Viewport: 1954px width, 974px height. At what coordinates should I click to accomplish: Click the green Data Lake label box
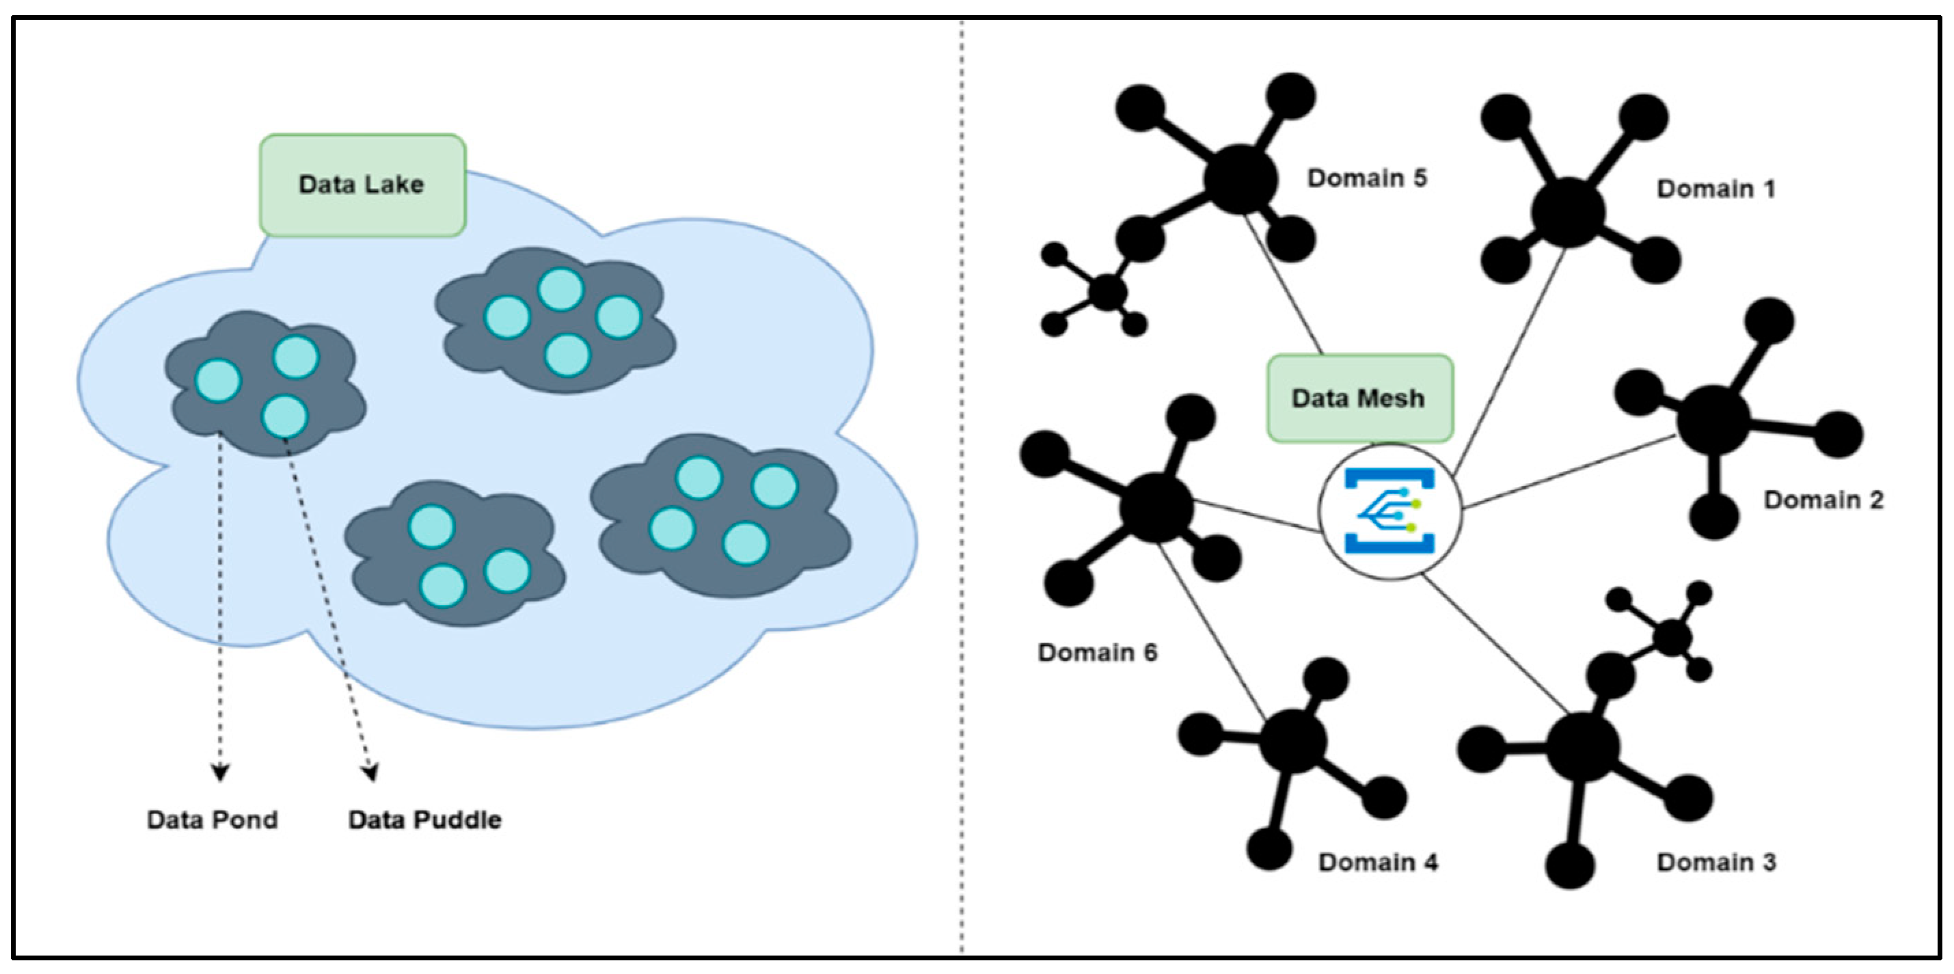[362, 185]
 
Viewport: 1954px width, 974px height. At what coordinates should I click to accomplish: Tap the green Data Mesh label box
[1359, 398]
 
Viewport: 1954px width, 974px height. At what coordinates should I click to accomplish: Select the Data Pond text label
[213, 820]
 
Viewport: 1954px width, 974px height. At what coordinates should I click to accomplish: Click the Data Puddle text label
[425, 820]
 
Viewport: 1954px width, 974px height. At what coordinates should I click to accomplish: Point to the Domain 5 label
[1367, 178]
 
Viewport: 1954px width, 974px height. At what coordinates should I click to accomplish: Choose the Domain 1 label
[1716, 189]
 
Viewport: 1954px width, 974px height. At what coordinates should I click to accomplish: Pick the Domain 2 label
[1823, 500]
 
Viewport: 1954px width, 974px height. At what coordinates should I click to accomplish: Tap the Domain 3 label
[1716, 863]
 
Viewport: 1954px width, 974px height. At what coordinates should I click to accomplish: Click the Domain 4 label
[1378, 863]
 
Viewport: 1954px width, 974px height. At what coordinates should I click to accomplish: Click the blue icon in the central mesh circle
[1389, 511]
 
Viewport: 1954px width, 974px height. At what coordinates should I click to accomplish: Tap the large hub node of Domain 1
[1568, 212]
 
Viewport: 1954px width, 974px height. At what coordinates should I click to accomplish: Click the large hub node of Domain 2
[1713, 420]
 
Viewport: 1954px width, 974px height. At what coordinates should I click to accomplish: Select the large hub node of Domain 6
[1156, 506]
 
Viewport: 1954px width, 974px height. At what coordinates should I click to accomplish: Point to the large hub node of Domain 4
[1293, 741]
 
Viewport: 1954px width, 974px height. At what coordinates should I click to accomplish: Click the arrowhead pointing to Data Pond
[220, 773]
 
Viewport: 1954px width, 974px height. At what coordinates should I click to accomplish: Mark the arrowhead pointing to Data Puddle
[370, 773]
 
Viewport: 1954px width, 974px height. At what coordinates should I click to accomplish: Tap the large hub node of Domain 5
[1240, 179]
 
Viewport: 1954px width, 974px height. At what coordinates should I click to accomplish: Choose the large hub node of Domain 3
[1582, 747]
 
